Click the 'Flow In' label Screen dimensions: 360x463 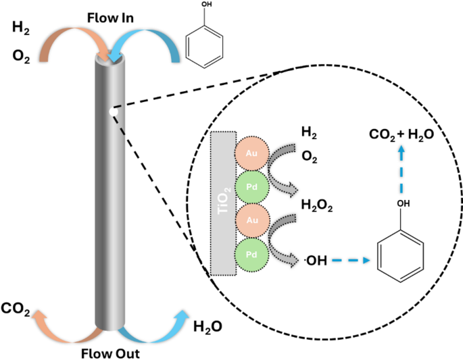(110, 15)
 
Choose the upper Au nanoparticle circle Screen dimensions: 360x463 (251, 154)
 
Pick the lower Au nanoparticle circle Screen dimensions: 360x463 (251, 221)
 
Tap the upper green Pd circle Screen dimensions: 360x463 (251, 187)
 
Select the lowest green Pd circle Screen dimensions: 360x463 (251, 255)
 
